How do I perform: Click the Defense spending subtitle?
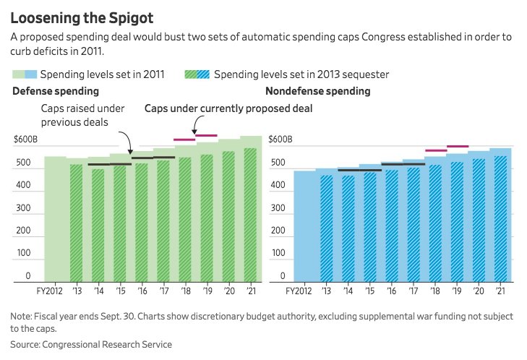56,91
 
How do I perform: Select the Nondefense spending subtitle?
317,91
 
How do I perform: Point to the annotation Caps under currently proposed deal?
228,108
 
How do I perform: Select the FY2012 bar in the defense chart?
55,217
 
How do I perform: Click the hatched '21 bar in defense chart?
250,217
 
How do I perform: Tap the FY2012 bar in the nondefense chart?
304,224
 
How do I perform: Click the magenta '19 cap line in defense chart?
206,136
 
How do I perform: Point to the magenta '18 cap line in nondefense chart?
435,150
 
